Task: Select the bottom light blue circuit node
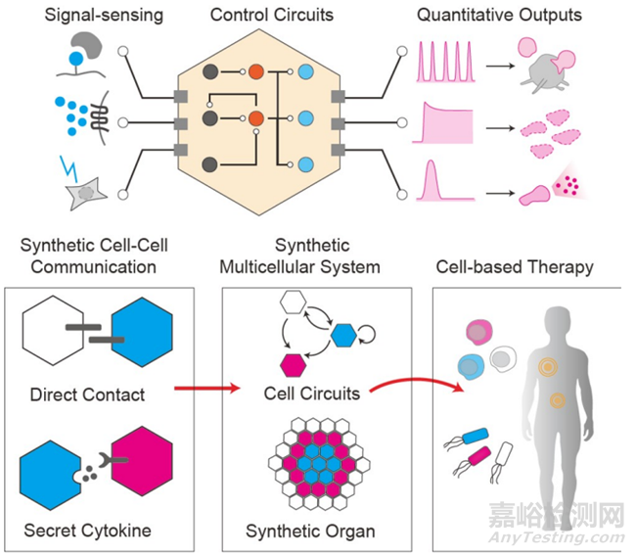click(x=304, y=163)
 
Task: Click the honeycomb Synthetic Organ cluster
click(x=316, y=466)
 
